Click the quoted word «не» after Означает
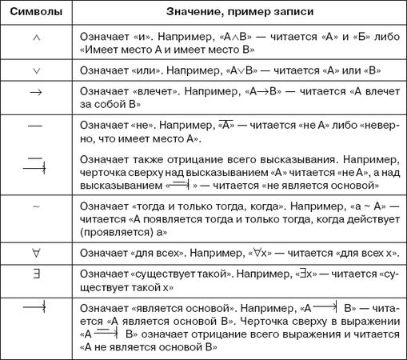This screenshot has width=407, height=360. coord(144,125)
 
